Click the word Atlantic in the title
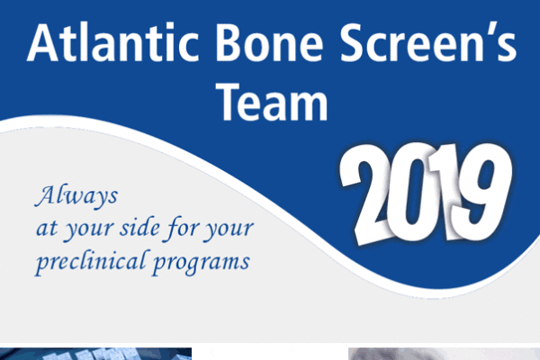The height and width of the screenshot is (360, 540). tap(113, 43)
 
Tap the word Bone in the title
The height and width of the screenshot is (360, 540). tap(269, 43)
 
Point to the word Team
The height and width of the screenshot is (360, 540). tap(272, 102)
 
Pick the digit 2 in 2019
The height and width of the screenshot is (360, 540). tap(365, 194)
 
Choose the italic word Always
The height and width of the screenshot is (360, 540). tap(76, 196)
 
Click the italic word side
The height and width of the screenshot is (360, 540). tap(139, 228)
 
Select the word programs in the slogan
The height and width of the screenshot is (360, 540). tap(201, 264)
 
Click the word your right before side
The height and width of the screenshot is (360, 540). tap(89, 230)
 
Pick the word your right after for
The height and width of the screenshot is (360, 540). tap(229, 230)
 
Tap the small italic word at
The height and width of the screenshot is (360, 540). tap(47, 229)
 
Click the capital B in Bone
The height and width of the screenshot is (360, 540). tap(229, 43)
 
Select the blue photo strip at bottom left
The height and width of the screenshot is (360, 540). tap(95, 354)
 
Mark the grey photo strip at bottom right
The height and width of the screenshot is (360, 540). tap(444, 354)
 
